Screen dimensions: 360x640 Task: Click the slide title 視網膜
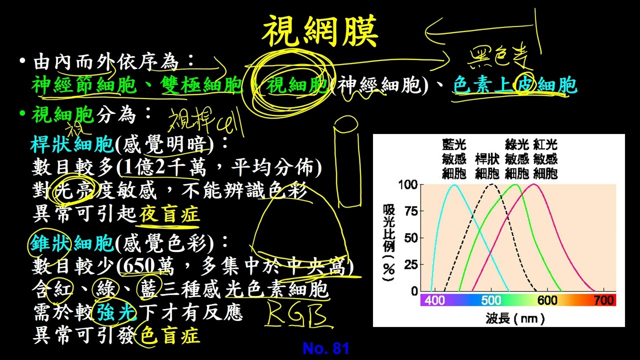320,31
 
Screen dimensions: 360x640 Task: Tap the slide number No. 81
325,348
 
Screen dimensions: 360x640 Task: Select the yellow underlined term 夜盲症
169,214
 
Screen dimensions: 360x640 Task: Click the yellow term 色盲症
170,335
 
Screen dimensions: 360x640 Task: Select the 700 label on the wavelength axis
604,300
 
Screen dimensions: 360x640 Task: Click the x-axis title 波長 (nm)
514,317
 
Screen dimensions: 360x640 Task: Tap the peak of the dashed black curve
492,184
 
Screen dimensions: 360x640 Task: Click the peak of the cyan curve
454,185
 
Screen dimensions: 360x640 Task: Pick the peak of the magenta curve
534,184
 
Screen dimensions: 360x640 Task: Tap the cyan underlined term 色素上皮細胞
515,86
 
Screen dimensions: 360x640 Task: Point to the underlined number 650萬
146,266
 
